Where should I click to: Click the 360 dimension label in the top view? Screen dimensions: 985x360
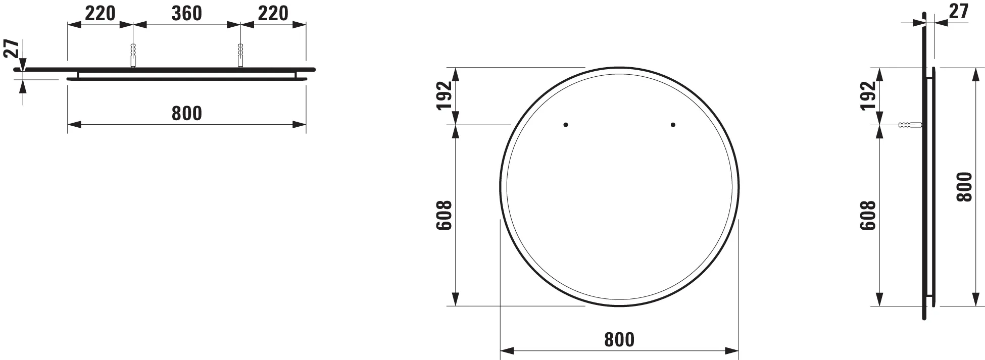[186, 14]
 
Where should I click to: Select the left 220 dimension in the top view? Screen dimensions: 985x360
[100, 14]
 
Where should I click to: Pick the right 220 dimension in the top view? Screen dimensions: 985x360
[273, 14]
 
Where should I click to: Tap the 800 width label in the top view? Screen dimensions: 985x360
[186, 113]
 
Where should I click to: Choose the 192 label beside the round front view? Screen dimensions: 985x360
[444, 95]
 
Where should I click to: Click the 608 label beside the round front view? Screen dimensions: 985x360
[444, 216]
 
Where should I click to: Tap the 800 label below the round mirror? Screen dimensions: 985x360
[619, 340]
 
